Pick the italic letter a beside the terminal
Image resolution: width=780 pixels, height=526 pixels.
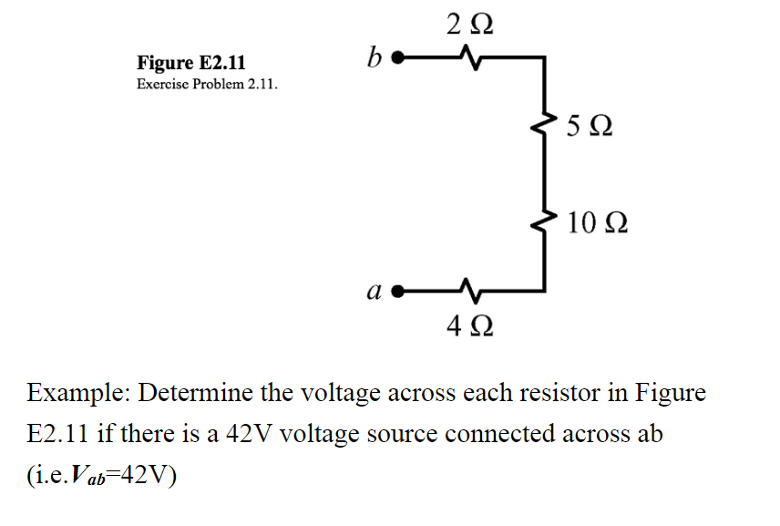pos(372,292)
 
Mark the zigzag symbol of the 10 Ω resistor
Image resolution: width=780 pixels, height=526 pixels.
pos(547,222)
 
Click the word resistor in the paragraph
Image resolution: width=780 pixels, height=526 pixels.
pos(561,394)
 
